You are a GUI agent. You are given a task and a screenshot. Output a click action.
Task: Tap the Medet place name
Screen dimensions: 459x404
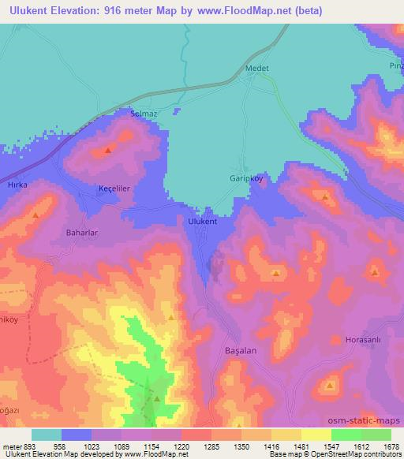tap(258, 69)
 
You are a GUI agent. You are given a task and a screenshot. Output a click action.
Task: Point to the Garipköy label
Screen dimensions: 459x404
tap(245, 178)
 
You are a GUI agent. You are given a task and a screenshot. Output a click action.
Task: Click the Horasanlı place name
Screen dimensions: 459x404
tap(363, 340)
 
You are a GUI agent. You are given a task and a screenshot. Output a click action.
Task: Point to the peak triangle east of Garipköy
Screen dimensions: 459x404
tap(325, 196)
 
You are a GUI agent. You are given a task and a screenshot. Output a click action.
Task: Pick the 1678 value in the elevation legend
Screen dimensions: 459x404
tap(392, 446)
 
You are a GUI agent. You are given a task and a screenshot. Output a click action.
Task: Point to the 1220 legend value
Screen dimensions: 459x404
tap(182, 446)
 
